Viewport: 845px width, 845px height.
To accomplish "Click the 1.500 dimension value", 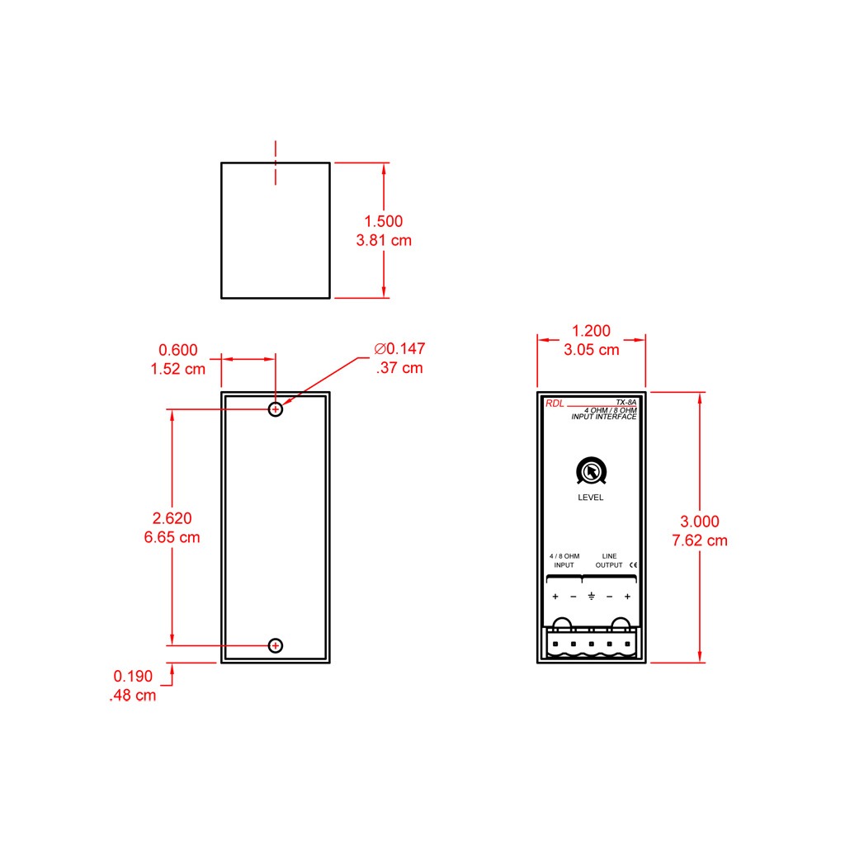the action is [383, 221].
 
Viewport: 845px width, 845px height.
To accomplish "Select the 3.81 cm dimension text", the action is [384, 240].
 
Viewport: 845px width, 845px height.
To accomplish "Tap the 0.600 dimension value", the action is [178, 350].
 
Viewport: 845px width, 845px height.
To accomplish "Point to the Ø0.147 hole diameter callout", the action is [399, 349].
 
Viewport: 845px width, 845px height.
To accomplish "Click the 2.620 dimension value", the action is [172, 518].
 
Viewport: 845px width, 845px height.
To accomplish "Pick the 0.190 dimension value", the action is [133, 676].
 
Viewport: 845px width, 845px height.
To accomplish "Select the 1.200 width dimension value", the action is [591, 330].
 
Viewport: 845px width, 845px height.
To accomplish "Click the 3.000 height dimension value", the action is [700, 522].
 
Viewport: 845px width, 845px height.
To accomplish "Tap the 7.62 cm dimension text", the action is [700, 540].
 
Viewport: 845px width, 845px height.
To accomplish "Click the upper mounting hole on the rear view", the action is [276, 409].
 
